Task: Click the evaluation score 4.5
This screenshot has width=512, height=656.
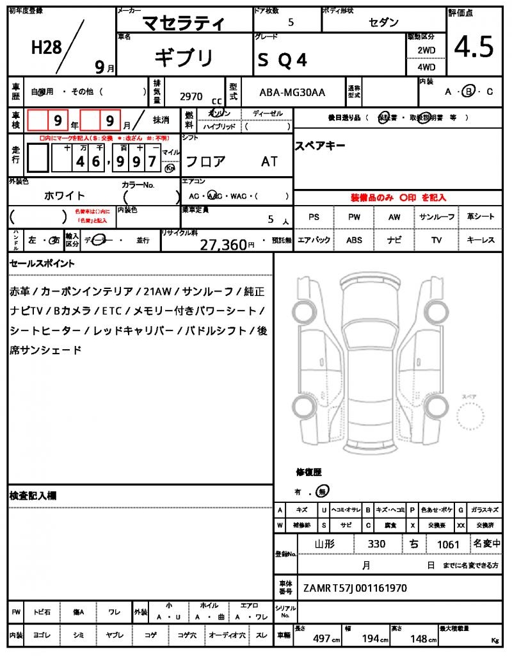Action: pos(474,47)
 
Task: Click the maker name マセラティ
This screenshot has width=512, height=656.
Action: pos(183,24)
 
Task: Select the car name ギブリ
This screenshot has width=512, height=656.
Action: pos(183,58)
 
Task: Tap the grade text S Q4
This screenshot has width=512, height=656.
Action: pos(282,60)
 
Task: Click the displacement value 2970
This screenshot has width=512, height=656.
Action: pos(191,96)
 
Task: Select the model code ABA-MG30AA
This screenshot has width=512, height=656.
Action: pos(292,92)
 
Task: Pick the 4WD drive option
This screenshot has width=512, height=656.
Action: pos(426,67)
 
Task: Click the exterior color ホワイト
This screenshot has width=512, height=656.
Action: pos(64,195)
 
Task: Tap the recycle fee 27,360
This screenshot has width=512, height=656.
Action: pos(223,245)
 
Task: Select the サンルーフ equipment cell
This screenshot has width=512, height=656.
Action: pos(436,217)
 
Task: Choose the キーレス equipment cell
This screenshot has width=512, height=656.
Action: pos(481,240)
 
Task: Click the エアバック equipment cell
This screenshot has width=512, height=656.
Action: pos(314,240)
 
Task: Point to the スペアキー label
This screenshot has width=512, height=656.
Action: pos(320,146)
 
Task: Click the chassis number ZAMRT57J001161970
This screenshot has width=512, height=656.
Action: pos(355,587)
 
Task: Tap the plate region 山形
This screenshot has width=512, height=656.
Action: pos(324,544)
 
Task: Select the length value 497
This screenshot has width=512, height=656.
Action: pos(321,639)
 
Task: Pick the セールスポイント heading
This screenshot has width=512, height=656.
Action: pos(42,263)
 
